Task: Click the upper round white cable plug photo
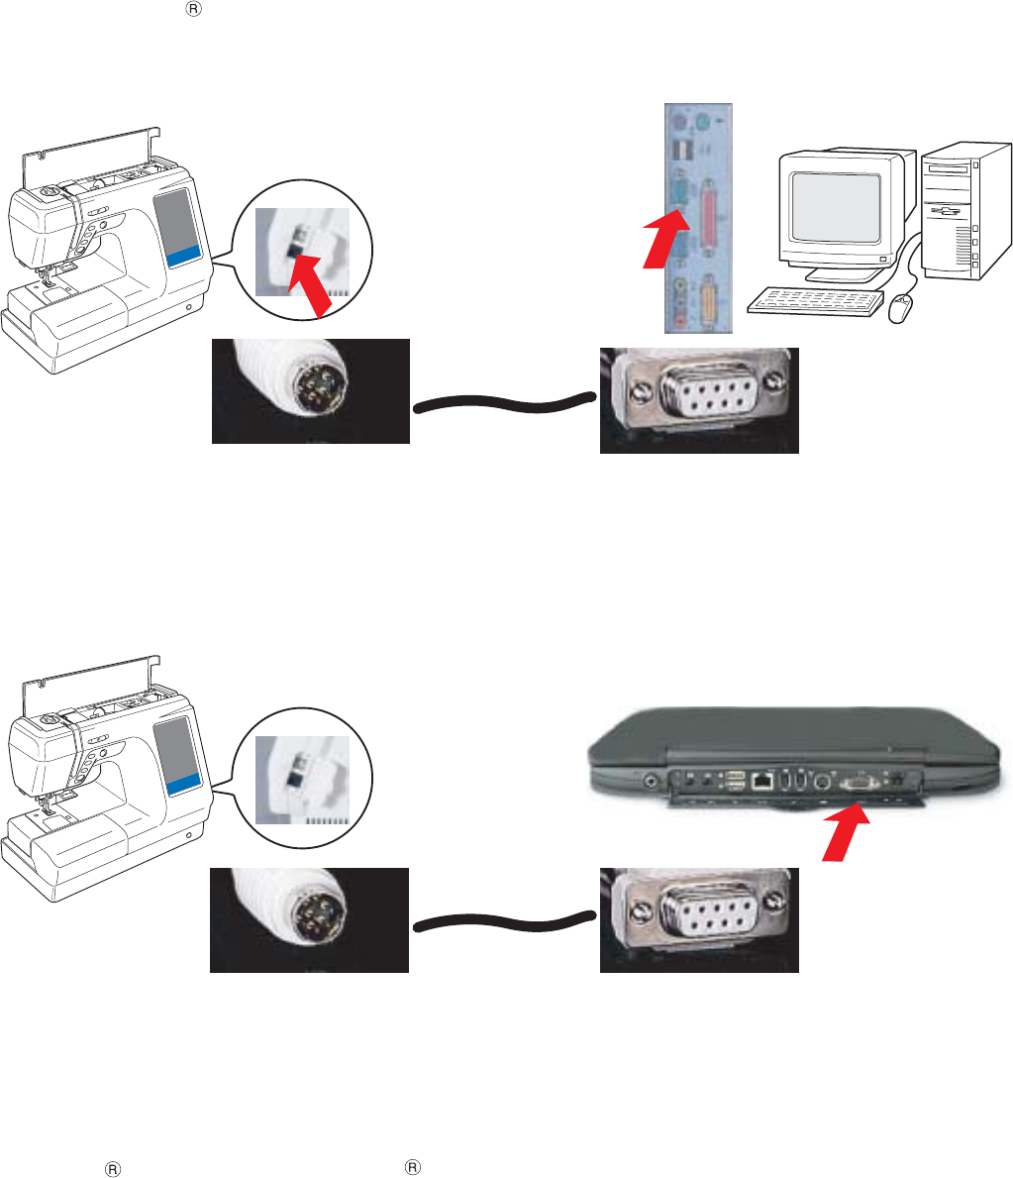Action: point(310,391)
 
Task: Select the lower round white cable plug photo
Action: point(310,919)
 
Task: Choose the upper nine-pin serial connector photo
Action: point(699,399)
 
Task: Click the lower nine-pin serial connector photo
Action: point(699,919)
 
